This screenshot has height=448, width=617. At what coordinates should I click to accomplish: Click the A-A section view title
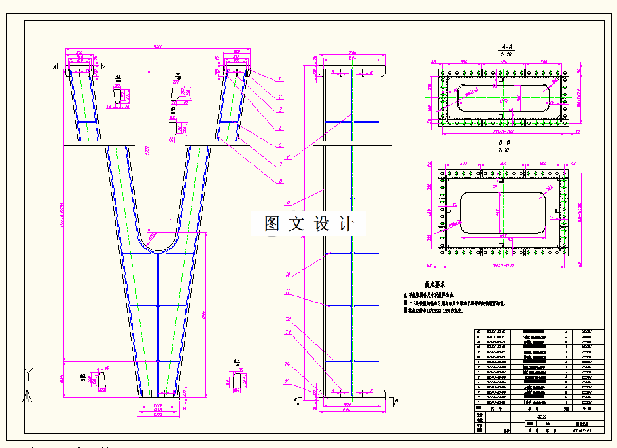(506, 47)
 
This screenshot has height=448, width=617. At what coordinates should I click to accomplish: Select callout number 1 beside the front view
(279, 78)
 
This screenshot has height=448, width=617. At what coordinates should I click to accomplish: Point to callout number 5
(279, 145)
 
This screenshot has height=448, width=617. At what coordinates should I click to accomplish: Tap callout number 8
(279, 181)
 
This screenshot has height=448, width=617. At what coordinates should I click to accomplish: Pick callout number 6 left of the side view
(289, 156)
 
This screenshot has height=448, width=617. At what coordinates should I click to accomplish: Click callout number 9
(289, 203)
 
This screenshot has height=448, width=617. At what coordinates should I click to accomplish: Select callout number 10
(288, 275)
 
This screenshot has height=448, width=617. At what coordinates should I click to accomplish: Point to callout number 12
(288, 319)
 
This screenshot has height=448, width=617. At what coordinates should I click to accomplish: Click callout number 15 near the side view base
(287, 381)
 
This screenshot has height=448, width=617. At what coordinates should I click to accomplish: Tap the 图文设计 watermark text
(309, 224)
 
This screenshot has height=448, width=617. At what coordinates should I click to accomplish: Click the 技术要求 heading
(434, 285)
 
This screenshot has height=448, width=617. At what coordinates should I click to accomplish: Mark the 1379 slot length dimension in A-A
(503, 102)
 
